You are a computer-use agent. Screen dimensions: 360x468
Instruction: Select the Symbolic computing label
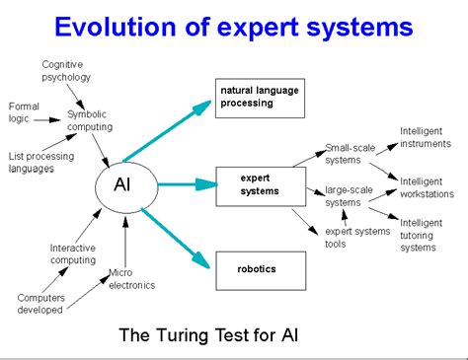(90, 119)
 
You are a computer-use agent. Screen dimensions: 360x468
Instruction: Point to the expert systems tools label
(354, 238)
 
